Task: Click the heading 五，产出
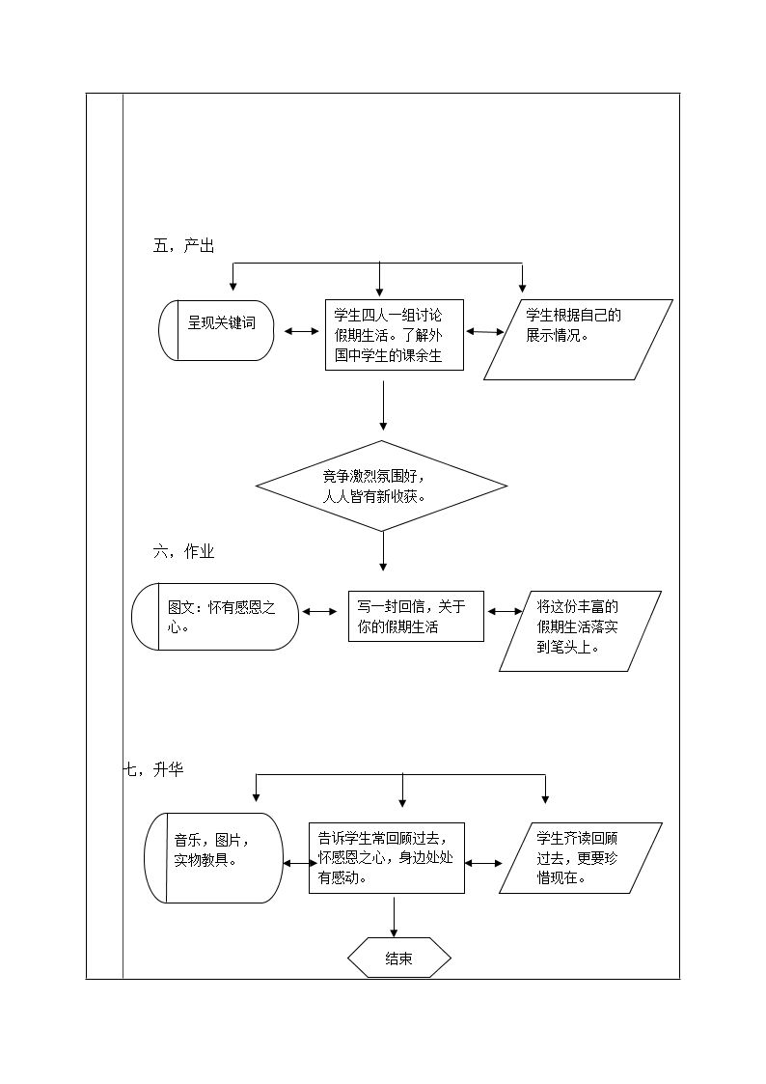tap(183, 245)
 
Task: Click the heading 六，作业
tap(183, 552)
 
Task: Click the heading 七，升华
tap(153, 769)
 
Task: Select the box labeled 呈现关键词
tap(217, 330)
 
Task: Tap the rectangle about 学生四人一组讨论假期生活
tap(395, 335)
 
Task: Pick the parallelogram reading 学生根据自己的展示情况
tap(578, 340)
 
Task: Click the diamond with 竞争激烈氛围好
tap(382, 486)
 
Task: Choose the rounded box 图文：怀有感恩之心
tap(215, 617)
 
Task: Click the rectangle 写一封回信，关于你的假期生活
tap(416, 616)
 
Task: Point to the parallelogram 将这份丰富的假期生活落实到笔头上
tap(580, 631)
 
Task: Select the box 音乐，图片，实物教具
tap(213, 857)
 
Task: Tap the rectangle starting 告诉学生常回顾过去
tap(387, 858)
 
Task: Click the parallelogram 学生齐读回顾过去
tap(580, 858)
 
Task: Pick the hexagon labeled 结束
tap(399, 959)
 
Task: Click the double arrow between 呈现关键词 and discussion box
tap(300, 332)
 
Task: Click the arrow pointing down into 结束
tap(395, 917)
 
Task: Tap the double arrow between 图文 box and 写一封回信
tap(319, 611)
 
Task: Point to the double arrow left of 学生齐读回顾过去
tap(484, 863)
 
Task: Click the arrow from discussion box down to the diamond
tap(383, 405)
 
